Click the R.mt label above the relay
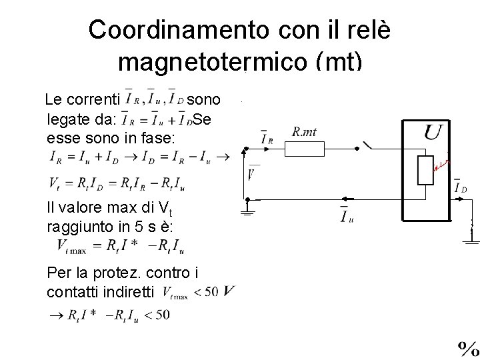pos(304,132)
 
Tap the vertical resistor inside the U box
pos(425,171)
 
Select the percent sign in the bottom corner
pos(467,348)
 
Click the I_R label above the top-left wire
pos(267,138)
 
